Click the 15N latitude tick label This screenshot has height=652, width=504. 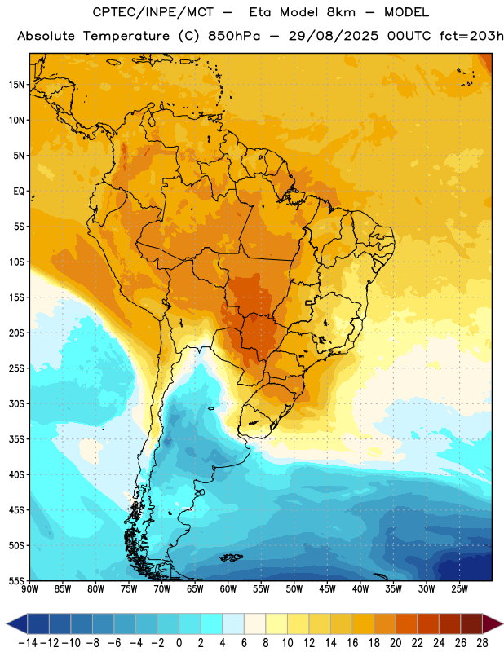(x=16, y=85)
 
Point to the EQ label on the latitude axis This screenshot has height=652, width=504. (x=19, y=192)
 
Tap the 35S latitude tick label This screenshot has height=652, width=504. (x=16, y=439)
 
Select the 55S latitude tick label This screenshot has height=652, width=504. (x=16, y=580)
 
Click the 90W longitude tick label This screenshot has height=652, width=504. (x=29, y=588)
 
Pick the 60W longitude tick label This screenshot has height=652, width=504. (x=228, y=588)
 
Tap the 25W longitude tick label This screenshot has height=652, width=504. (x=459, y=588)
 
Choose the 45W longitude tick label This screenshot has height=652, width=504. (x=327, y=588)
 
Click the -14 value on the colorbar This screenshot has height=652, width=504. (x=29, y=643)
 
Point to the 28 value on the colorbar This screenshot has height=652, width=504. (x=482, y=643)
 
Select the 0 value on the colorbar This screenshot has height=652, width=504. (x=179, y=643)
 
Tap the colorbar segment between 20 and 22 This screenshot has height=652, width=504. (x=406, y=624)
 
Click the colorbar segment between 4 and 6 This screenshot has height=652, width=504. (x=233, y=624)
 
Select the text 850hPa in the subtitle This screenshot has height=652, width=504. (x=234, y=36)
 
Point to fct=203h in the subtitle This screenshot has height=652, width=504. (x=471, y=36)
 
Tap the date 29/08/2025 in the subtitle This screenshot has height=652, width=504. (x=334, y=36)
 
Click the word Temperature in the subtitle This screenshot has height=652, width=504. (x=126, y=36)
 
